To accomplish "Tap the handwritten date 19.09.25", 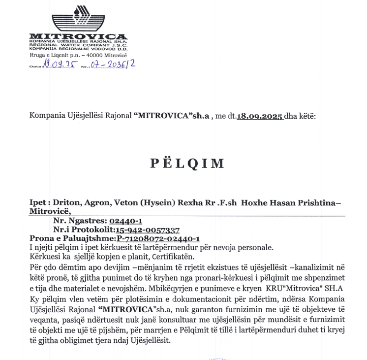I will click(x=58, y=65).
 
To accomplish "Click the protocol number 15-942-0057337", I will click(x=148, y=229).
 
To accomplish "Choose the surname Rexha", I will click(x=195, y=202).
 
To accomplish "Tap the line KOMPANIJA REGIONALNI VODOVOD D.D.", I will click(x=78, y=49).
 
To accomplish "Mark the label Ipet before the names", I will click(x=39, y=202).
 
